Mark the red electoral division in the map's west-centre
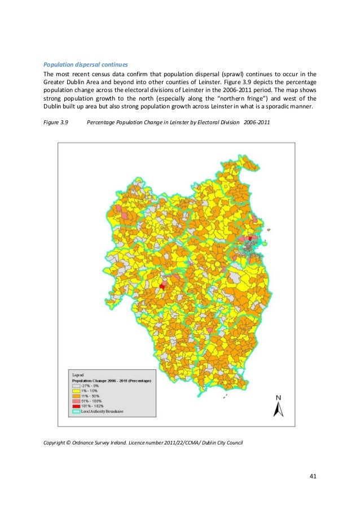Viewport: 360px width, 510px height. pos(163,286)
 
